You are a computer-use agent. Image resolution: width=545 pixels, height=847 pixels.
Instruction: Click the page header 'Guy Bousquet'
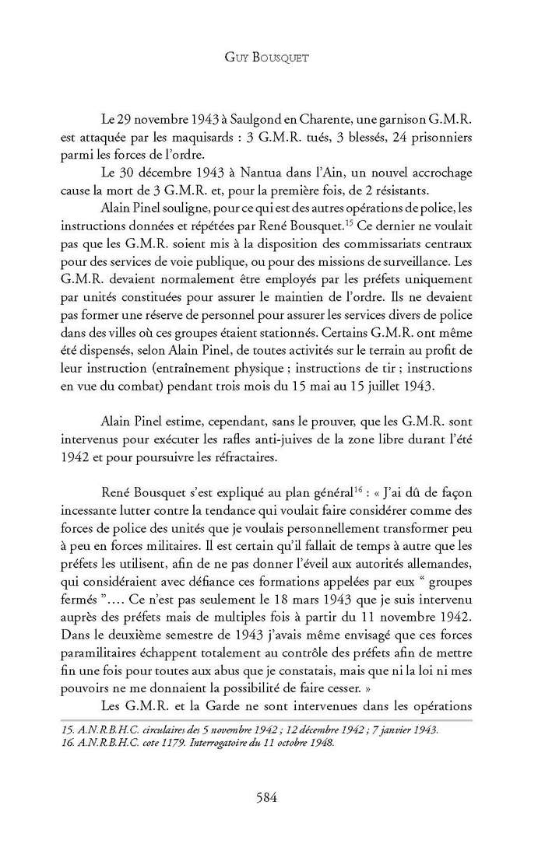(x=272, y=58)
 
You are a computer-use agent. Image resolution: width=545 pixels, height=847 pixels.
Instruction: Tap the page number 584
(x=272, y=796)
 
